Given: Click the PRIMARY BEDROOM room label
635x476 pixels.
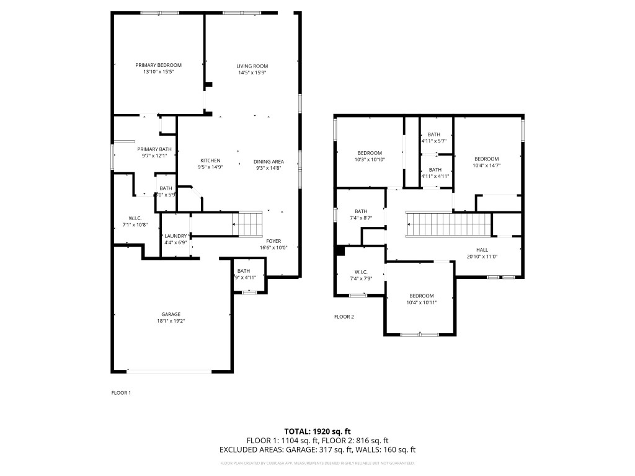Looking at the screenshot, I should click(x=158, y=65).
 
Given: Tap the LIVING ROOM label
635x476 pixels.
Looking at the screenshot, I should click(x=252, y=66).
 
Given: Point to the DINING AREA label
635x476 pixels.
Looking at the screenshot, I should click(x=269, y=161).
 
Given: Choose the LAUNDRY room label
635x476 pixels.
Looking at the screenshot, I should click(x=175, y=236).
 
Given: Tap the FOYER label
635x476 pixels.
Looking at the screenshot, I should click(x=273, y=240).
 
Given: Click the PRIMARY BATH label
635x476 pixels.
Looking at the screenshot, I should click(x=154, y=149).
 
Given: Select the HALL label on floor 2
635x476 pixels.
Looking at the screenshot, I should click(x=482, y=249).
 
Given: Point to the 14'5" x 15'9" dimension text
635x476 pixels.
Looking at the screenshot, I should click(x=252, y=73).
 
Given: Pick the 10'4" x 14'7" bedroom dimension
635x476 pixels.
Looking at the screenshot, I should click(x=486, y=165).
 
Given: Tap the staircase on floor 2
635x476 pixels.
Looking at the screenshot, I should click(x=448, y=224).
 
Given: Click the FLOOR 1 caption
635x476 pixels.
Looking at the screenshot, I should click(x=121, y=392).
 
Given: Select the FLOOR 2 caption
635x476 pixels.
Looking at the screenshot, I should click(x=344, y=317).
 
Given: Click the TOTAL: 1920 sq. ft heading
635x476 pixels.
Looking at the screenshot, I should click(x=317, y=431).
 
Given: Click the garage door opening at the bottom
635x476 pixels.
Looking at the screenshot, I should click(x=169, y=371).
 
